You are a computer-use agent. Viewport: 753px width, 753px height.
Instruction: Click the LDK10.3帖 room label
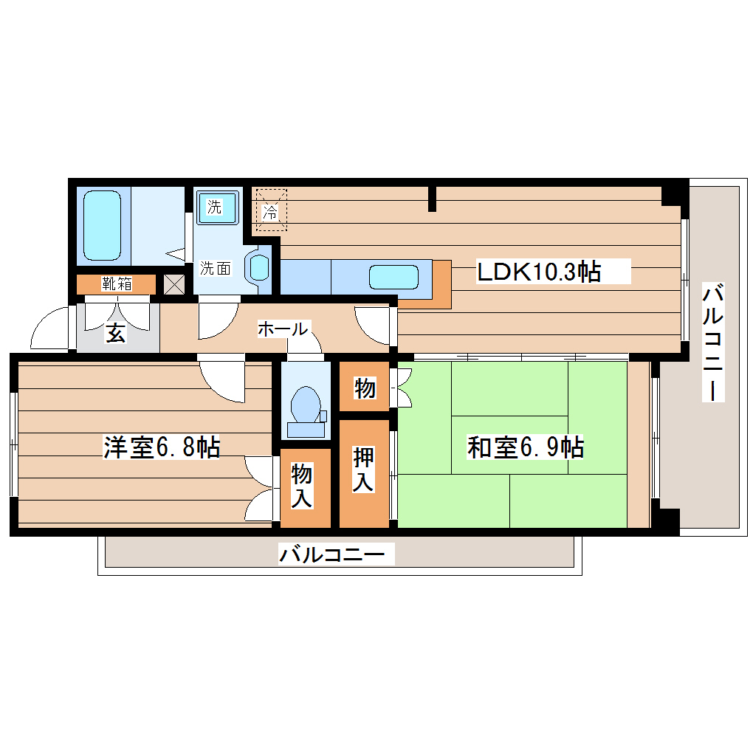[x=538, y=272]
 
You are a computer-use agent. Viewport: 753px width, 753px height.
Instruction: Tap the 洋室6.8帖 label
[x=161, y=447]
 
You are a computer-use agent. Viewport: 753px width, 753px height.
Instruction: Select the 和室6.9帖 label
[x=525, y=447]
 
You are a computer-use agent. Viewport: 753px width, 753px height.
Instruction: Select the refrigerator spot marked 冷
[x=270, y=212]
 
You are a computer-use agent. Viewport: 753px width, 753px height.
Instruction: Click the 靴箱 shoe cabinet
[x=117, y=283]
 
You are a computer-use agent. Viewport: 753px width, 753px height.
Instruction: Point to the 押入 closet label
[x=364, y=470]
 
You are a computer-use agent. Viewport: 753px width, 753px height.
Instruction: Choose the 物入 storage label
[x=301, y=485]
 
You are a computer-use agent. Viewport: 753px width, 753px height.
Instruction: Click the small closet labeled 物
[x=364, y=388]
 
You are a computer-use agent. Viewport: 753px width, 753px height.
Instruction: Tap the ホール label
[x=283, y=329]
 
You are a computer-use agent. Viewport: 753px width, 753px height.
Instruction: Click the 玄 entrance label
[x=115, y=334]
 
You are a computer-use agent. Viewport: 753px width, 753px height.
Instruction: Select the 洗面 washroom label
[x=216, y=268]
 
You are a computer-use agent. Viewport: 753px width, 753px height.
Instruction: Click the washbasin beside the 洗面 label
[x=260, y=267]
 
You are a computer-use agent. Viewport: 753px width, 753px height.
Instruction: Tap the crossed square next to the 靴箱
[x=174, y=283]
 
